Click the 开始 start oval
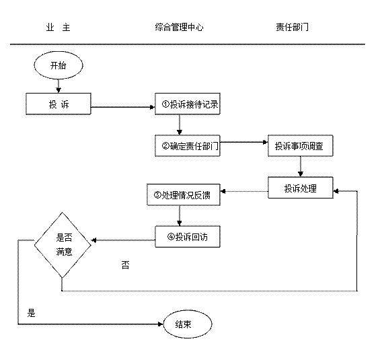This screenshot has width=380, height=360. click(59, 65)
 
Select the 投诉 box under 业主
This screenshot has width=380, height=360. click(59, 104)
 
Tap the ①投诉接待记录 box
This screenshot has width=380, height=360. click(188, 104)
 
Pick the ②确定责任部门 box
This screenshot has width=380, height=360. click(188, 146)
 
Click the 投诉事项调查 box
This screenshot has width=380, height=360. click(301, 146)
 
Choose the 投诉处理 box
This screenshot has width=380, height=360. click(301, 188)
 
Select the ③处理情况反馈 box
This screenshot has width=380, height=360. click(184, 194)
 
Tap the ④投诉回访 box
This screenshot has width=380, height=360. click(188, 237)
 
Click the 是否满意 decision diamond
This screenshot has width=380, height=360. click(63, 245)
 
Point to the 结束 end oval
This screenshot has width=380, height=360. click(188, 324)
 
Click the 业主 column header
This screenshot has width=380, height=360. click(58, 27)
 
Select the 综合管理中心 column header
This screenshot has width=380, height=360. click(180, 27)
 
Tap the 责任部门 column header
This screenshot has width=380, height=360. click(293, 27)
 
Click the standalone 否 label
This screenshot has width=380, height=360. click(125, 265)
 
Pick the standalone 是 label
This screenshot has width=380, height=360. click(31, 313)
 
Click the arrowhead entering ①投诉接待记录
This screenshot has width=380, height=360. click(153, 107)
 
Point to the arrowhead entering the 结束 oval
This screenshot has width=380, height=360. click(161, 324)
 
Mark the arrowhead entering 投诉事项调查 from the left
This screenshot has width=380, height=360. click(266, 142)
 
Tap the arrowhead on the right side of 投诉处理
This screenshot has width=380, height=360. click(336, 191)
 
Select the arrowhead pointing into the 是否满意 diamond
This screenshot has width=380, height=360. click(94, 240)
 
